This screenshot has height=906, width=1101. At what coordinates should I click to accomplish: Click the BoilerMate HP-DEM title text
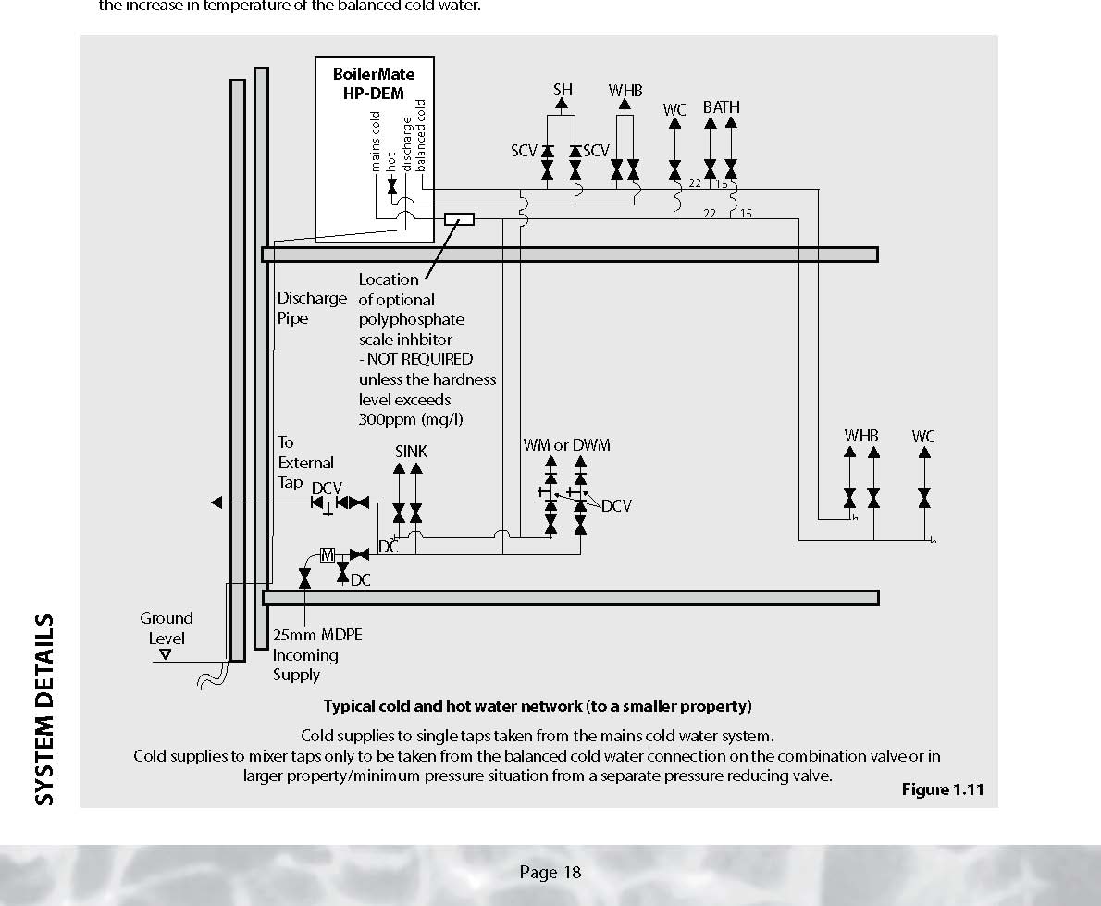point(373,82)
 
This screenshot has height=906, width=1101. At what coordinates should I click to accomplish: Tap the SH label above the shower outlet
point(563,90)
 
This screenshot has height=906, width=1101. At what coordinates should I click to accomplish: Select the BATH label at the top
point(721,107)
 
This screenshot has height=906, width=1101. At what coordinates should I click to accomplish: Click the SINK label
point(411,452)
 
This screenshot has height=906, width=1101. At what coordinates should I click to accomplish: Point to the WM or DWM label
point(566,445)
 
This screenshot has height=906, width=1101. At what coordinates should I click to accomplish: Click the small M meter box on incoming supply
point(327,555)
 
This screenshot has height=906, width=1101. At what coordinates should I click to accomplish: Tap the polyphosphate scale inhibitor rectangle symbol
point(459,219)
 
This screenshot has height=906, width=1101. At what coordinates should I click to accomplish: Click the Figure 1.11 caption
point(943,789)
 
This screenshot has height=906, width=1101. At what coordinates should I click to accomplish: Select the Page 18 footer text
point(550,872)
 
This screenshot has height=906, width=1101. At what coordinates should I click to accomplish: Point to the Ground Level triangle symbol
point(165,654)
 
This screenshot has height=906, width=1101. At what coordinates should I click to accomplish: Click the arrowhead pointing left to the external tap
point(216,503)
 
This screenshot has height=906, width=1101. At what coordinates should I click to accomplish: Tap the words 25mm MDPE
point(317,635)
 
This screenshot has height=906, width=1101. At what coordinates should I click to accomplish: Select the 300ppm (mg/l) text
point(411,419)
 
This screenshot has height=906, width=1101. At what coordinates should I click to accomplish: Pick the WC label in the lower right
point(922,436)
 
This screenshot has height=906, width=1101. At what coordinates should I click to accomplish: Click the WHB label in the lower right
point(860,436)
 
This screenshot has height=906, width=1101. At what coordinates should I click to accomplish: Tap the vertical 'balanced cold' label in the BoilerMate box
point(421,134)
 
